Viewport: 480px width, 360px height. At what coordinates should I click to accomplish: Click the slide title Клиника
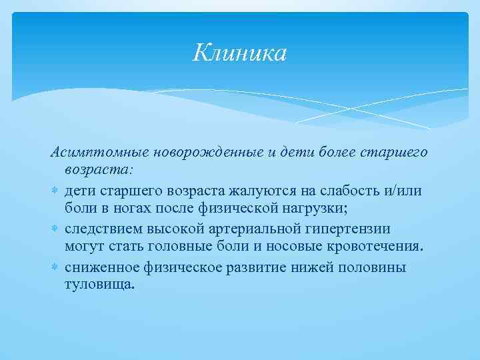pyautogui.click(x=240, y=53)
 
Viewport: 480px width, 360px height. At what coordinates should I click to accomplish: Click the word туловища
pyautogui.click(x=99, y=285)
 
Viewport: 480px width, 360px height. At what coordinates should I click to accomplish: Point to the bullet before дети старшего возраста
pyautogui.click(x=55, y=192)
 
